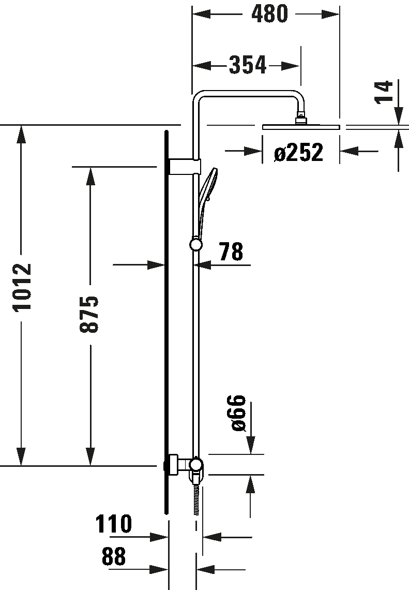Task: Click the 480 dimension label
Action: [x=269, y=14]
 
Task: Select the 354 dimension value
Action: [x=248, y=65]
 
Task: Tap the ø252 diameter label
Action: [x=298, y=152]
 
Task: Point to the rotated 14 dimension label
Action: [x=384, y=92]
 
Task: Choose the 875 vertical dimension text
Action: [x=89, y=314]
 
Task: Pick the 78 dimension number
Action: [x=231, y=252]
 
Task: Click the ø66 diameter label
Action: [x=238, y=413]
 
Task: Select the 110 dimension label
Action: [x=114, y=524]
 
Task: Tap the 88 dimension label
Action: [x=114, y=556]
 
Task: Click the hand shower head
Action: [x=208, y=186]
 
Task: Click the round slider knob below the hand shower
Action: [x=196, y=245]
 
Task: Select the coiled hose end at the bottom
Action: [x=196, y=500]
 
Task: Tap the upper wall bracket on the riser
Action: [x=185, y=167]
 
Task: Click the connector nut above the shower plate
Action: [x=301, y=119]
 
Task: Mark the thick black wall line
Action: [x=166, y=322]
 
